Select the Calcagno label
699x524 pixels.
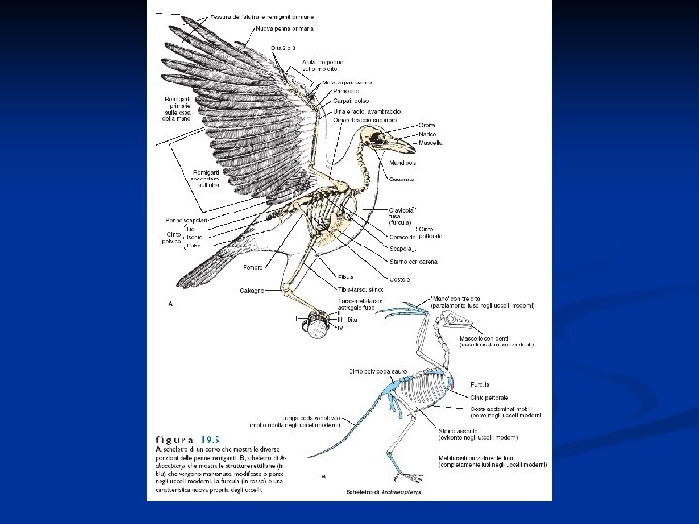coord(252,291)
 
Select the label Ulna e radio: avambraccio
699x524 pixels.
coord(367,113)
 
